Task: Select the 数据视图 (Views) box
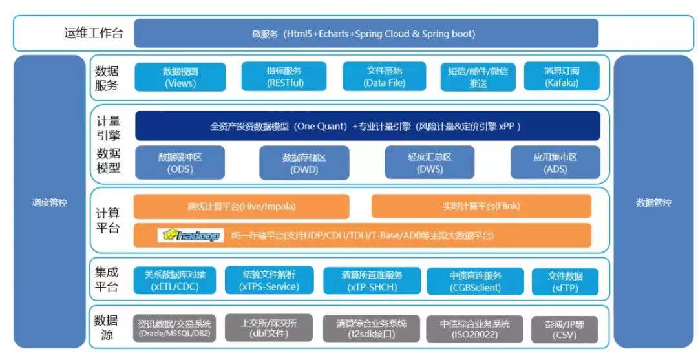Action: tap(180, 77)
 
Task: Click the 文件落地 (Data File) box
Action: tap(385, 77)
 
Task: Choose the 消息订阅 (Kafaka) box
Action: tap(562, 77)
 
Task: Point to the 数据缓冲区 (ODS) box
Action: tap(180, 162)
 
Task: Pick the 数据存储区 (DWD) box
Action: tap(304, 163)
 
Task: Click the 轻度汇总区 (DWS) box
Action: tap(430, 162)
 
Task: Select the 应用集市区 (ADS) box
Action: tap(555, 162)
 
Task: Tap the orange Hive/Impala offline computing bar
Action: tap(241, 207)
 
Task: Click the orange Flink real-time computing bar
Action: tap(481, 207)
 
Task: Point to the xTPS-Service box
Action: tap(270, 281)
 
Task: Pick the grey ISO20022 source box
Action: tap(475, 328)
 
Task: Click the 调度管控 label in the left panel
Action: tap(50, 203)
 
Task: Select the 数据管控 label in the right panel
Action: tap(653, 203)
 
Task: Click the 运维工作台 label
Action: tap(94, 34)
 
